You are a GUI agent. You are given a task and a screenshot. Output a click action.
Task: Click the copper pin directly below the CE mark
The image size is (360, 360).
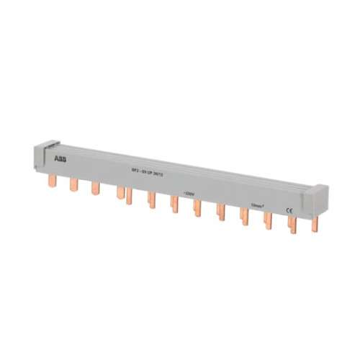pos(292,224)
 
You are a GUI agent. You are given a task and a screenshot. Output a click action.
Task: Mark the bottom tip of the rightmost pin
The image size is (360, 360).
pos(314,232)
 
